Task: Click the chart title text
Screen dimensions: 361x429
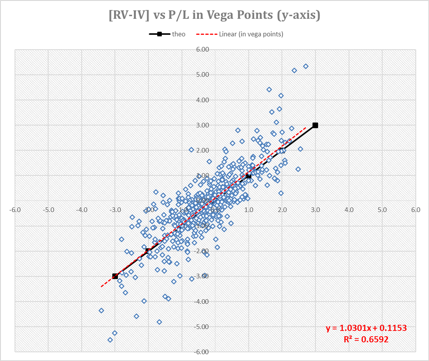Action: [214, 15]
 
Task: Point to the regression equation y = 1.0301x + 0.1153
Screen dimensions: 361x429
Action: [366, 328]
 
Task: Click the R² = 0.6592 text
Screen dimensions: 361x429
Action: [366, 340]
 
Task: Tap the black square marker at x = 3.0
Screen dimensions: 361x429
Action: [315, 125]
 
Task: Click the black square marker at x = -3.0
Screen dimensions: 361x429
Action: [115, 276]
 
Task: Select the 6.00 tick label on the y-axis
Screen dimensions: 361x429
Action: [202, 49]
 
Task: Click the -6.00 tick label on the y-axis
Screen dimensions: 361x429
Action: [202, 352]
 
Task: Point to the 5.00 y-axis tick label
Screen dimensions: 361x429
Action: [202, 75]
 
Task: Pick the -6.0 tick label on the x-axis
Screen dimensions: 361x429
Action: [15, 210]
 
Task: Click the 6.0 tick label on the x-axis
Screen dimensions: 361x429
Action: [415, 210]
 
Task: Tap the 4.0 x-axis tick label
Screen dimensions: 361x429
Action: [349, 210]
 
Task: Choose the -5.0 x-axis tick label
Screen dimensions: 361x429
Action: [48, 210]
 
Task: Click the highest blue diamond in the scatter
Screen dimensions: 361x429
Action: [306, 67]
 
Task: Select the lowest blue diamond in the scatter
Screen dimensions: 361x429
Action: [110, 340]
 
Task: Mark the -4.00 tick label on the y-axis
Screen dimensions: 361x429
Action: [202, 302]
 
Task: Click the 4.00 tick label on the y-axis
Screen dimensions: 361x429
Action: [202, 100]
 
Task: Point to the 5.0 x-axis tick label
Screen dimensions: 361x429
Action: [382, 210]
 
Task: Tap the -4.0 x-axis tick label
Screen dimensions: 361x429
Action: [82, 210]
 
